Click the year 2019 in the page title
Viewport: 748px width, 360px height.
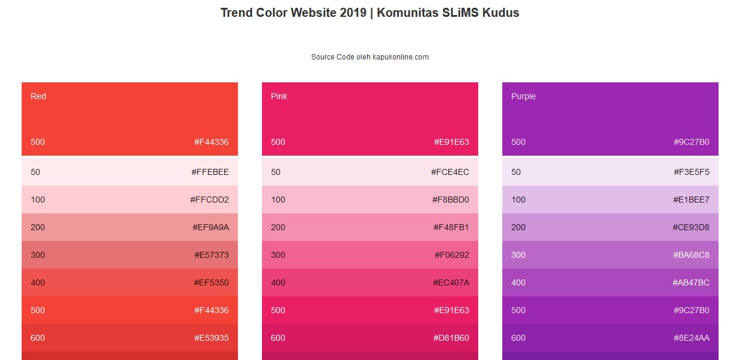(x=353, y=13)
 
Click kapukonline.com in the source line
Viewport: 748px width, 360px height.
(x=401, y=57)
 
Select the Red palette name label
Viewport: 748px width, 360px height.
(x=38, y=96)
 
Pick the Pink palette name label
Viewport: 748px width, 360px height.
(x=279, y=96)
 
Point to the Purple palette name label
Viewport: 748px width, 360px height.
(x=523, y=96)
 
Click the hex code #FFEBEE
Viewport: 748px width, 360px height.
(x=210, y=172)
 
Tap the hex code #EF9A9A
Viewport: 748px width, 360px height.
(x=210, y=227)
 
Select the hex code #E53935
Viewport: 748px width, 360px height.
(x=211, y=338)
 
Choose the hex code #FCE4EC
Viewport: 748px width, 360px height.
(x=450, y=172)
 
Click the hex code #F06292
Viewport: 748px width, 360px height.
(x=452, y=255)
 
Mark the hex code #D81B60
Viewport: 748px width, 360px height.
(x=451, y=338)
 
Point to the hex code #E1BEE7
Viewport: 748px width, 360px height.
(x=691, y=200)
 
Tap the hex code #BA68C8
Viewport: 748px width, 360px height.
(x=691, y=255)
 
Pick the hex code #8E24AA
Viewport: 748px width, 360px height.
(x=692, y=338)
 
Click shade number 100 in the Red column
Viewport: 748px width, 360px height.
(x=38, y=200)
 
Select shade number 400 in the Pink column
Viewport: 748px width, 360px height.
(x=278, y=282)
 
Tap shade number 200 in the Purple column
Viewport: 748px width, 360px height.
(x=518, y=227)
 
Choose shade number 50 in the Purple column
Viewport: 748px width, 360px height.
(x=516, y=172)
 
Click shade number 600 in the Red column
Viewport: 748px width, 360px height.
(x=38, y=338)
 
